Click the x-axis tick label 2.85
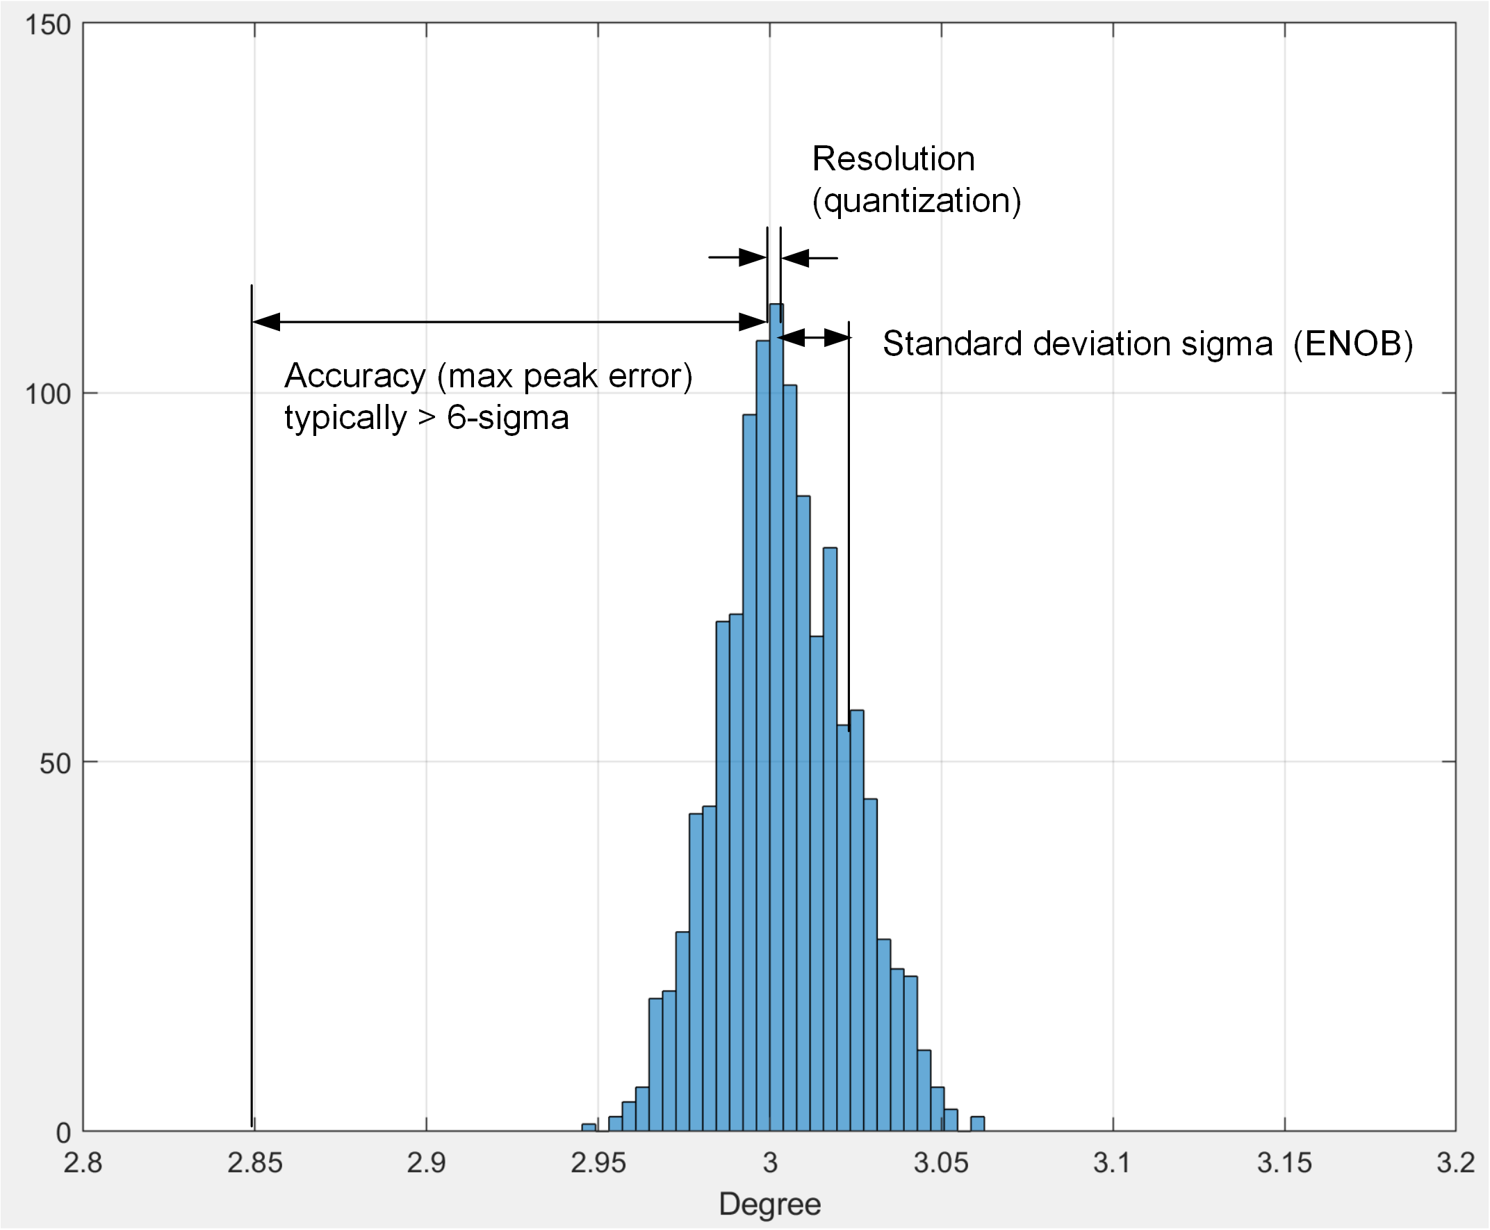[x=254, y=1163]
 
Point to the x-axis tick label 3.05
[x=940, y=1163]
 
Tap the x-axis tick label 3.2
[x=1455, y=1163]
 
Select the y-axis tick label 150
[x=47, y=26]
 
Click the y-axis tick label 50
[x=54, y=763]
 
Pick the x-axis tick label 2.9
[x=426, y=1163]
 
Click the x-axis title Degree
[x=770, y=1204]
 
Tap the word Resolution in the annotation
[x=893, y=159]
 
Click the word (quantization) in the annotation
[x=917, y=201]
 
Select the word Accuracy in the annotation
[x=354, y=375]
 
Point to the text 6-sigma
[x=508, y=417]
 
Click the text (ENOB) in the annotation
[x=1352, y=344]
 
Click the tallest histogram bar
[x=776, y=709]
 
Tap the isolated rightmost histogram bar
[x=977, y=1124]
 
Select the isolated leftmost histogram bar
[x=589, y=1127]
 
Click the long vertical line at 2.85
[x=252, y=709]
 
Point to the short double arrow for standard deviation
[x=814, y=337]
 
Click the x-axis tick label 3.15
[x=1284, y=1163]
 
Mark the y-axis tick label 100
[x=47, y=395]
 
